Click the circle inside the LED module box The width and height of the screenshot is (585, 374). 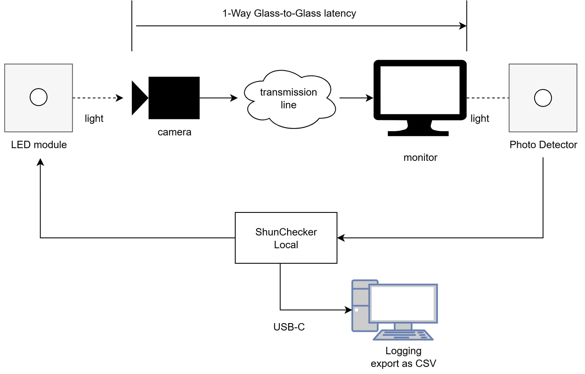click(39, 97)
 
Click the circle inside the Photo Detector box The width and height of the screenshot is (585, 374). click(543, 98)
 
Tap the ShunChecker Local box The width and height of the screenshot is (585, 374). click(286, 238)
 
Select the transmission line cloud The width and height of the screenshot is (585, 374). click(289, 99)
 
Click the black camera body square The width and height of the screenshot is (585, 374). click(174, 98)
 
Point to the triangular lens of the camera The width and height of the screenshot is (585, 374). click(139, 98)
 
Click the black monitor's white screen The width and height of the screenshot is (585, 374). click(420, 90)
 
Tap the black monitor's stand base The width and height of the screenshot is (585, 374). click(418, 133)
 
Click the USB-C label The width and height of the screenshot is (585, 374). click(289, 327)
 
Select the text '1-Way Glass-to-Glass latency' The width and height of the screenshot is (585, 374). click(289, 13)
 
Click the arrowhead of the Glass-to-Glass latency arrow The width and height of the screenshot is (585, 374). click(463, 26)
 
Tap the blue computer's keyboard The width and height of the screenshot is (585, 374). click(403, 335)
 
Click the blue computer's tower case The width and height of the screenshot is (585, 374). click(360, 306)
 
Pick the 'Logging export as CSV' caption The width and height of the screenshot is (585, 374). click(403, 357)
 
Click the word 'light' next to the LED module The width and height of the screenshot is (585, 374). click(94, 118)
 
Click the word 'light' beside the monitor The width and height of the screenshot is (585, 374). click(480, 118)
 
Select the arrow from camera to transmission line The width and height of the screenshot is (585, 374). click(219, 98)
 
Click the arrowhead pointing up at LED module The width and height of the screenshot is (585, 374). click(40, 162)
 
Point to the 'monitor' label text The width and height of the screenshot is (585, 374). click(420, 157)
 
